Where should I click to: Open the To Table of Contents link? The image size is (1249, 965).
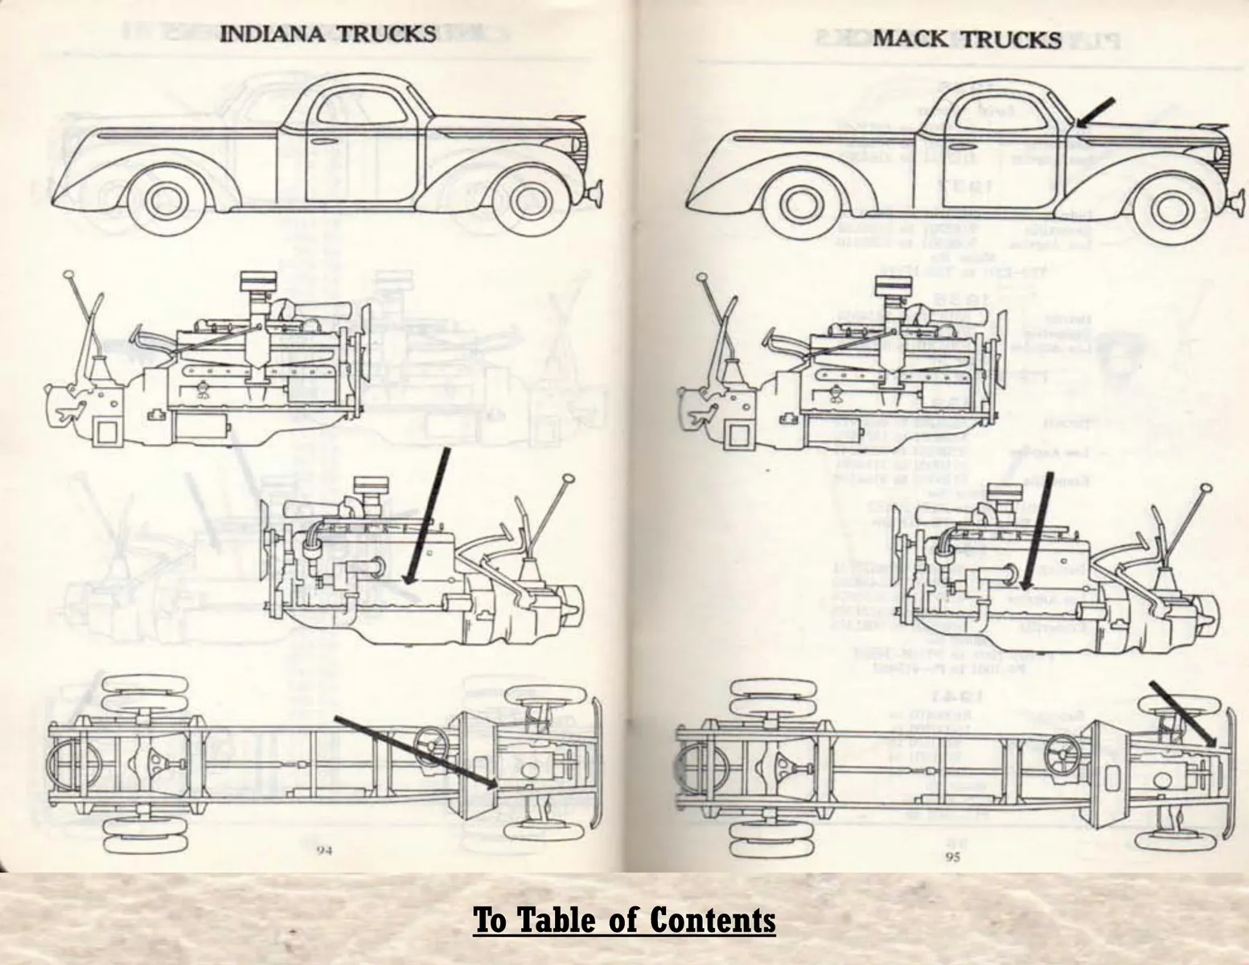[x=624, y=919]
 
